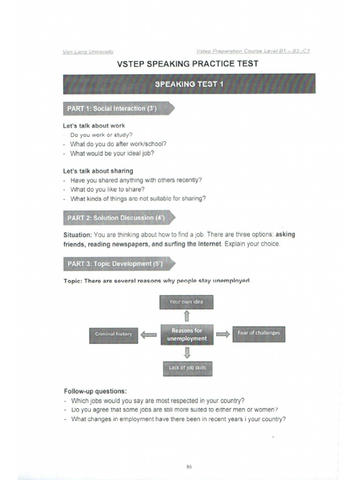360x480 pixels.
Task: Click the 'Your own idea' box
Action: click(x=186, y=302)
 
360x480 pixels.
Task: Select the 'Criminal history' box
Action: click(x=113, y=334)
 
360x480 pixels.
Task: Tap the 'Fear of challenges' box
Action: click(x=259, y=333)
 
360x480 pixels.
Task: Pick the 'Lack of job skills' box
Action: click(x=187, y=368)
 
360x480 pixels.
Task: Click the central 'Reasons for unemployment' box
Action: click(x=187, y=334)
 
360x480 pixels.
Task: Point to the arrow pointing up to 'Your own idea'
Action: click(x=187, y=316)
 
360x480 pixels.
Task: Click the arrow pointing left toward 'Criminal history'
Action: click(x=149, y=334)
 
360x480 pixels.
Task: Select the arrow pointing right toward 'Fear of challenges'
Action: click(x=223, y=334)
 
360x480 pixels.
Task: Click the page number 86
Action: click(x=189, y=466)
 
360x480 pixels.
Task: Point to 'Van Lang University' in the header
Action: click(x=88, y=52)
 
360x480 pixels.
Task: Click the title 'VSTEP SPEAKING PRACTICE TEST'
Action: click(x=187, y=64)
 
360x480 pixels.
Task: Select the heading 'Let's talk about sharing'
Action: click(x=98, y=171)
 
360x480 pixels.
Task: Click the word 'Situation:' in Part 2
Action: click(x=77, y=235)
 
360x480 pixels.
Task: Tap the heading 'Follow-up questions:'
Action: click(x=95, y=391)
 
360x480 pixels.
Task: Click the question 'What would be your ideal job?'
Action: click(x=112, y=153)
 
